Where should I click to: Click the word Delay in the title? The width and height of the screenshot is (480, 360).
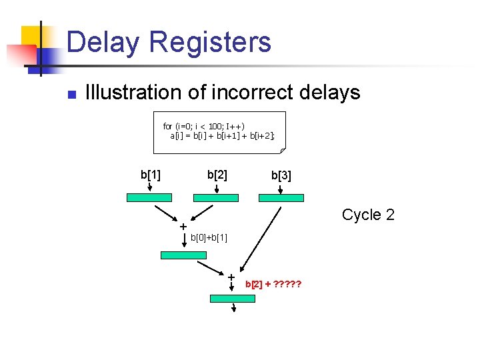pyautogui.click(x=103, y=42)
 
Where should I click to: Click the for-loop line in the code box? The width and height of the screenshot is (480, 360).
pyautogui.click(x=203, y=126)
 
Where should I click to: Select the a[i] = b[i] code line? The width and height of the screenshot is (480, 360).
pyautogui.click(x=222, y=135)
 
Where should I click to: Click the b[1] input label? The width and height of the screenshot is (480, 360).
pyautogui.click(x=150, y=175)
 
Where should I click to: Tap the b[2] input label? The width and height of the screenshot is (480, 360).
pyautogui.click(x=217, y=175)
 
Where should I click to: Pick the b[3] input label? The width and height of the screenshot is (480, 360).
pyautogui.click(x=281, y=176)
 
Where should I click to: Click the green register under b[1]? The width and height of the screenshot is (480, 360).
pyautogui.click(x=149, y=198)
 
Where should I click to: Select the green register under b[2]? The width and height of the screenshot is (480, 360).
pyautogui.click(x=215, y=198)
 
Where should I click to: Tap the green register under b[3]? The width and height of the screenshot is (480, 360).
pyautogui.click(x=281, y=198)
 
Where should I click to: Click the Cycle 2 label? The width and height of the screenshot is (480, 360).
pyautogui.click(x=368, y=215)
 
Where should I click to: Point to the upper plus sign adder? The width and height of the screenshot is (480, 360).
pyautogui.click(x=183, y=227)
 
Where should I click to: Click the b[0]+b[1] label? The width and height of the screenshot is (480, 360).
pyautogui.click(x=209, y=237)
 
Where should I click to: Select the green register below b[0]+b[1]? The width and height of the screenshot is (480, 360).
pyautogui.click(x=183, y=255)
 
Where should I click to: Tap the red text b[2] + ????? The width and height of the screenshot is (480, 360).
pyautogui.click(x=273, y=284)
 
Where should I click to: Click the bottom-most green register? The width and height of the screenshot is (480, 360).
pyautogui.click(x=232, y=299)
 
